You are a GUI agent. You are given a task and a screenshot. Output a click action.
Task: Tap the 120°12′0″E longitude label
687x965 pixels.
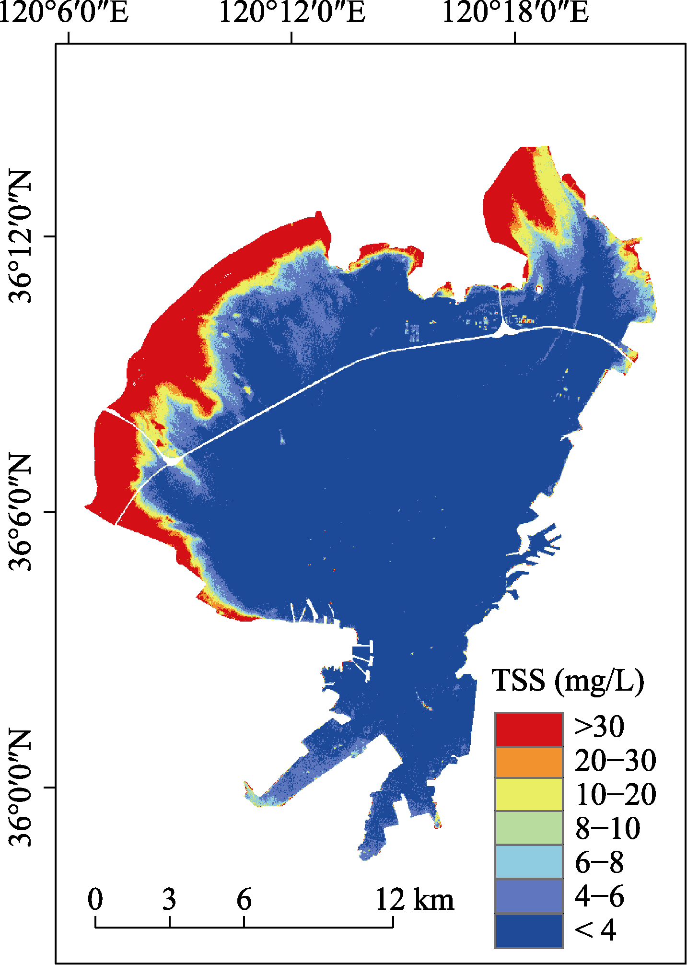pos(292,13)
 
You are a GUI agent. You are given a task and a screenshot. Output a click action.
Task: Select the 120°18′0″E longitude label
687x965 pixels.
pos(515,13)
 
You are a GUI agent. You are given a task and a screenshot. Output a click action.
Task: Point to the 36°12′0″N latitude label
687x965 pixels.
pos(20,236)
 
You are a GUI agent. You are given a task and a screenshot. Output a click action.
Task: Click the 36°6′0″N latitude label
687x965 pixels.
pos(20,512)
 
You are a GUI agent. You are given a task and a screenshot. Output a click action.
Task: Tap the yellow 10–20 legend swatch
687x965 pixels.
pos(529,794)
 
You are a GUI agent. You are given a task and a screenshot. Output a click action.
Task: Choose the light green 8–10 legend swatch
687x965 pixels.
pos(529,828)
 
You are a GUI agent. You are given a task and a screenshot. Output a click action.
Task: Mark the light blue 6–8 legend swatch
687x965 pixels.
pos(529,861)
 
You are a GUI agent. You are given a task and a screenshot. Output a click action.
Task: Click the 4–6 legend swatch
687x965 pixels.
pos(529,895)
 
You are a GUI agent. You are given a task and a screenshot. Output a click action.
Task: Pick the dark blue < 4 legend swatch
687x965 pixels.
pos(529,930)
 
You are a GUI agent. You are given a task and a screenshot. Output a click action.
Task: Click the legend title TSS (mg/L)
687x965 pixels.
pos(568,682)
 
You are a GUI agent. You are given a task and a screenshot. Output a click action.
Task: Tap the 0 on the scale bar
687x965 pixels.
pos(95,899)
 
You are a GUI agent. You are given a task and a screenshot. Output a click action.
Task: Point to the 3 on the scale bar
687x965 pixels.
pos(169,899)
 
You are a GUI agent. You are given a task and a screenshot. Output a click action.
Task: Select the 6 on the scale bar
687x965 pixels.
pos(244,899)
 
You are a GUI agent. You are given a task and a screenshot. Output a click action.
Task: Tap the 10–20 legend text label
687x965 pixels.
pos(616,795)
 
